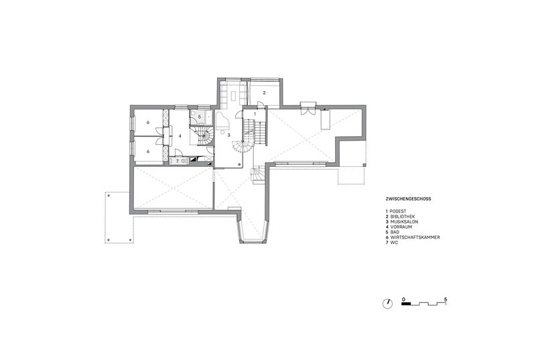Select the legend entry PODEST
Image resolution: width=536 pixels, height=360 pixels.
tap(400, 211)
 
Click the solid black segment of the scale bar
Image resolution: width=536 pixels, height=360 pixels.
tap(406, 304)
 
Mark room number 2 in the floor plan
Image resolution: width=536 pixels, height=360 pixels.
tap(264, 93)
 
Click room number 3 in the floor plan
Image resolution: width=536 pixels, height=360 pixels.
tap(229, 135)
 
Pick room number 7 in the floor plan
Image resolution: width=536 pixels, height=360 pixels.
tap(178, 161)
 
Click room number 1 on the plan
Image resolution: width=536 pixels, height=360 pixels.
tap(255, 115)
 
